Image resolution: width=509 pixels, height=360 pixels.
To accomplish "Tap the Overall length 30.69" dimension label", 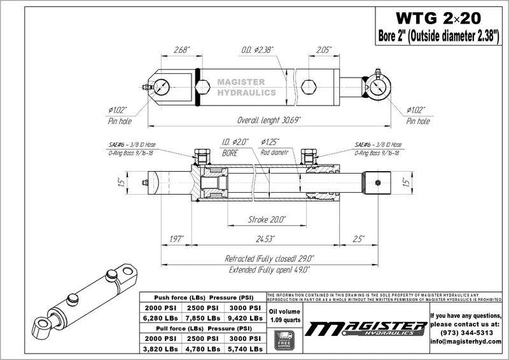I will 269,120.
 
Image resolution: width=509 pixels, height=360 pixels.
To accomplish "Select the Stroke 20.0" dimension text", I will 267,219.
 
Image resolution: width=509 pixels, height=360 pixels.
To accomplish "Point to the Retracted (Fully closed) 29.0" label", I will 270,259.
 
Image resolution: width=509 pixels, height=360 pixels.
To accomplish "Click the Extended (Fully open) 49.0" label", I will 269,270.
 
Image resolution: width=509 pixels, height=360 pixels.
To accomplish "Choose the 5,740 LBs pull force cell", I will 245,349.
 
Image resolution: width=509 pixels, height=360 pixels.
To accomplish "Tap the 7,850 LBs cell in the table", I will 203,317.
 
